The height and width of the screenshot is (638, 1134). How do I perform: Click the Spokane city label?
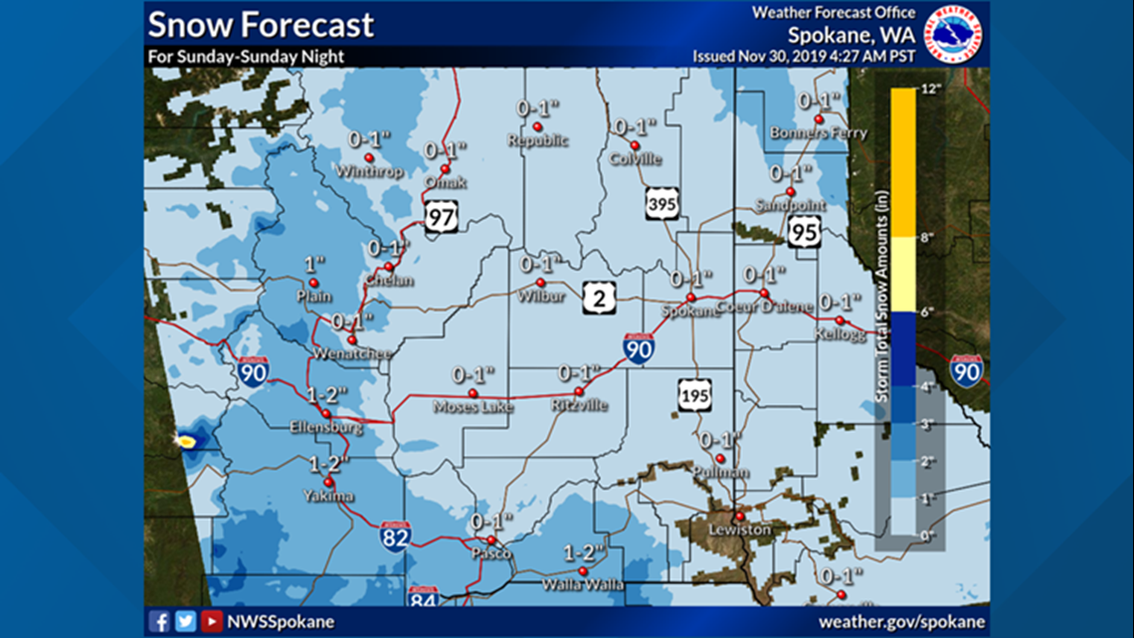tap(693, 311)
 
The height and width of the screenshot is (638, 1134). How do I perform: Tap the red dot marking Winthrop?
tap(368, 157)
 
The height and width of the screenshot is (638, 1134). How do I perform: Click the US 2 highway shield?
tap(598, 297)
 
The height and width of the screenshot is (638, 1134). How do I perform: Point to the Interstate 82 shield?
tap(394, 537)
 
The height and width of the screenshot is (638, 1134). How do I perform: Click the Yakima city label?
tap(329, 496)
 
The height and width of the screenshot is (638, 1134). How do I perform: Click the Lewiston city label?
tap(739, 531)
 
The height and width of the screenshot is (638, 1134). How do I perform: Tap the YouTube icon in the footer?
tap(211, 622)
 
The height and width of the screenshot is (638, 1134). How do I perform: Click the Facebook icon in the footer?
tap(159, 622)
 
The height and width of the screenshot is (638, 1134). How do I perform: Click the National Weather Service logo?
tap(953, 34)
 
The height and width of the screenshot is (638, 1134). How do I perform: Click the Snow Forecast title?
tap(261, 24)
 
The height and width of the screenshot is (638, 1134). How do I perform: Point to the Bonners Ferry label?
tap(818, 133)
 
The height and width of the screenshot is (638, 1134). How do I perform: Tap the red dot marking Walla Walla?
tap(582, 571)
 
